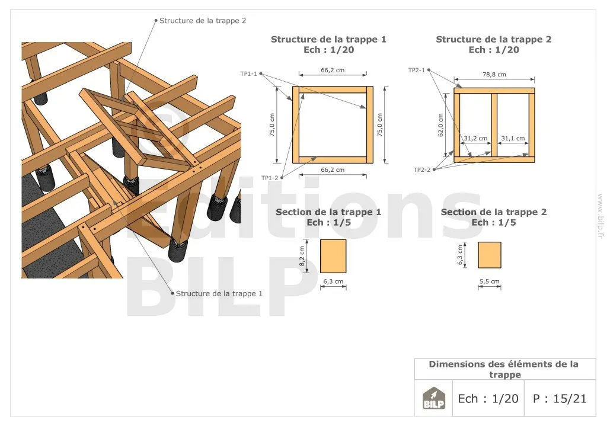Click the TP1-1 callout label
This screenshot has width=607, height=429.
(x=248, y=73)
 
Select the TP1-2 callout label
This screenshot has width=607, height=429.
(x=270, y=178)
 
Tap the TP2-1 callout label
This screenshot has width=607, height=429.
(x=417, y=70)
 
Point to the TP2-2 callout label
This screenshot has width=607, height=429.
(x=422, y=169)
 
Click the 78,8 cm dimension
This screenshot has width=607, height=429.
(x=494, y=74)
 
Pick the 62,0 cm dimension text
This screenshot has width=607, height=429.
(x=440, y=125)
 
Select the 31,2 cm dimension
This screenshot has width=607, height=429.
(x=476, y=138)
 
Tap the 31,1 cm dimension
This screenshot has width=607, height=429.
(x=513, y=138)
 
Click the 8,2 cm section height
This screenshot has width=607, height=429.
(x=302, y=256)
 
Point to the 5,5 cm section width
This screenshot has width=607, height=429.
(x=490, y=281)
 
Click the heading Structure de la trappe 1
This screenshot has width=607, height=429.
(x=328, y=39)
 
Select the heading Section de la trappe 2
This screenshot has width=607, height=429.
(x=494, y=212)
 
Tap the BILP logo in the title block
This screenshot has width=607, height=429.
(x=433, y=398)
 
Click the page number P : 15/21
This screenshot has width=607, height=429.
(x=560, y=398)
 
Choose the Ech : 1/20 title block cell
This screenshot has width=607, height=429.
(x=488, y=398)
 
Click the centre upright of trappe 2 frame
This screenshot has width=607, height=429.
(x=494, y=124)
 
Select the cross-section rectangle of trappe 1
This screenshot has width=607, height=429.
(x=333, y=256)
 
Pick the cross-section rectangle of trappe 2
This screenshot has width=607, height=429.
(x=490, y=255)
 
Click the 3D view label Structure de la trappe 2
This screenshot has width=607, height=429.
(x=203, y=21)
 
